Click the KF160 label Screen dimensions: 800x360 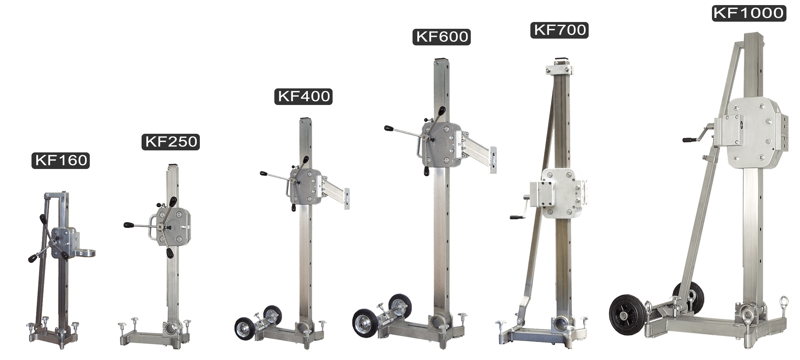[61, 160]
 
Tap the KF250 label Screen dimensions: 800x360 [171, 142]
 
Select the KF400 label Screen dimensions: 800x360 [303, 97]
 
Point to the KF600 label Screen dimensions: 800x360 [442, 37]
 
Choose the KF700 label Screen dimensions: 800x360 [560, 30]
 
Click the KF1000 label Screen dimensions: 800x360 [749, 13]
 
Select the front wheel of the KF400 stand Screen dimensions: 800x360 [245, 329]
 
